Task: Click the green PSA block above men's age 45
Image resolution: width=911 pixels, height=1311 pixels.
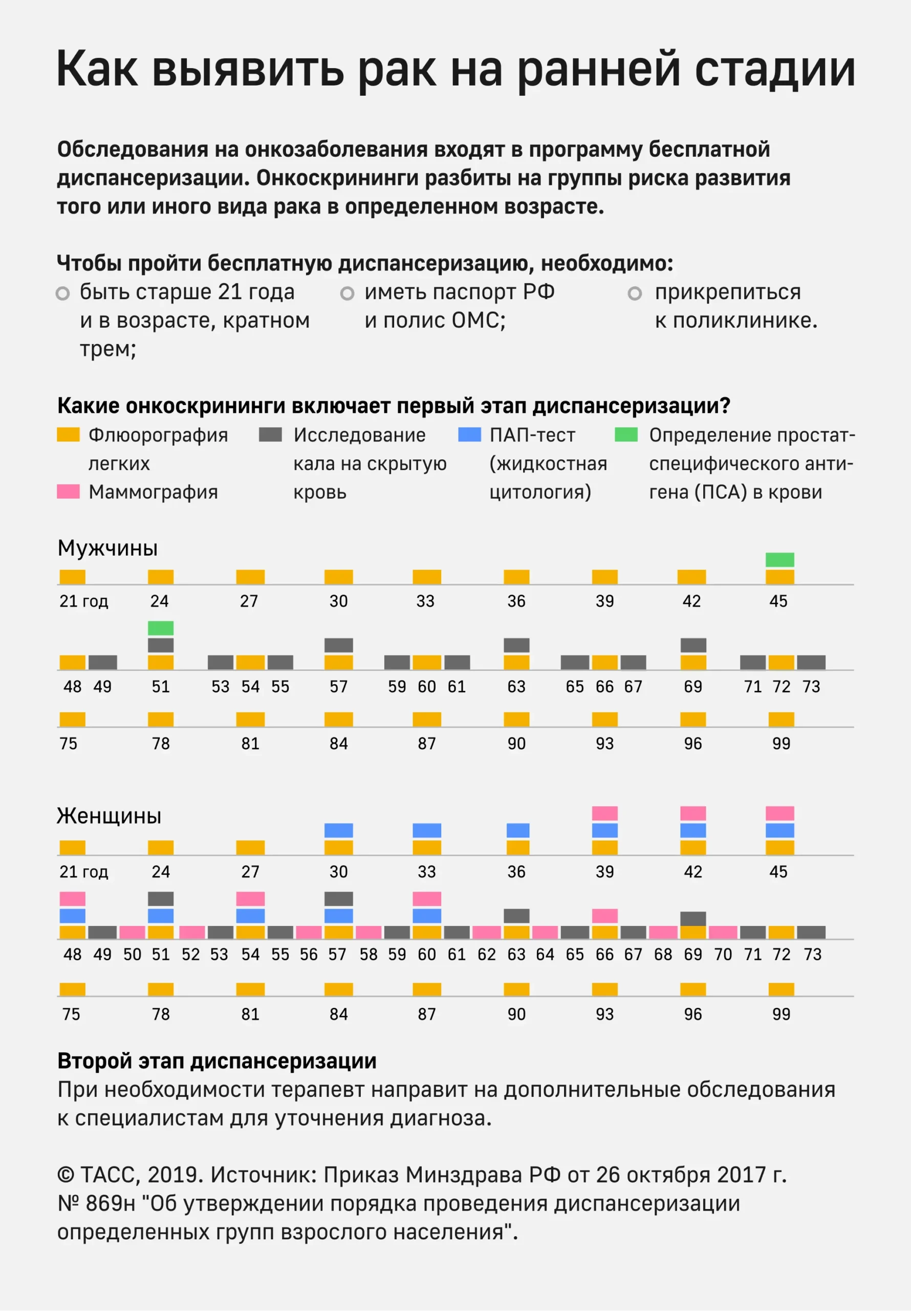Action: [779, 560]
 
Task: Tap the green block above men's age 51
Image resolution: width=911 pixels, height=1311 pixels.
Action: [160, 628]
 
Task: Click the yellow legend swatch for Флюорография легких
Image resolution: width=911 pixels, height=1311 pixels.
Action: [68, 435]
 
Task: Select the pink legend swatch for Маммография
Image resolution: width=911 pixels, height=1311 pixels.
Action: [68, 492]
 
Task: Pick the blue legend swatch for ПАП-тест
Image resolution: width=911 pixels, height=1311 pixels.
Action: [469, 435]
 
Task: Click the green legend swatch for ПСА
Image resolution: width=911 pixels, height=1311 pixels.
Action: [625, 435]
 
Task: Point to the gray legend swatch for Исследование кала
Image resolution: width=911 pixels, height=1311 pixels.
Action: [270, 435]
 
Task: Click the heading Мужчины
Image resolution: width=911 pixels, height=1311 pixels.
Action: [107, 548]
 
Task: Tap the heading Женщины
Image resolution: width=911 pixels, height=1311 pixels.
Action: [109, 816]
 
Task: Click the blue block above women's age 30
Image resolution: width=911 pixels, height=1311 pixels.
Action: [338, 830]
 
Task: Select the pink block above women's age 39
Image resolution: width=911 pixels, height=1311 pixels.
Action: [604, 813]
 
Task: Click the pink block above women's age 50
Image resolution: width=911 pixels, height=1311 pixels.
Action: [132, 933]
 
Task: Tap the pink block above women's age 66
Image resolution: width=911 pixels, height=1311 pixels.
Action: [604, 916]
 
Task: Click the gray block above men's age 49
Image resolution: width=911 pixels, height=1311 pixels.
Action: [102, 662]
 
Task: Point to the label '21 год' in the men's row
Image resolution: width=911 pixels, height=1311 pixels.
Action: [83, 601]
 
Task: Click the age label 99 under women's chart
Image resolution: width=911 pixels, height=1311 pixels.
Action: [781, 1014]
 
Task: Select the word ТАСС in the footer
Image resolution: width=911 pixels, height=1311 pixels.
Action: [108, 1175]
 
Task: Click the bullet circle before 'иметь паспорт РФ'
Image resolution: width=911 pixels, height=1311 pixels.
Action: [347, 293]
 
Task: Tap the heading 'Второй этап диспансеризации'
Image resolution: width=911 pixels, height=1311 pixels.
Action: [217, 1061]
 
